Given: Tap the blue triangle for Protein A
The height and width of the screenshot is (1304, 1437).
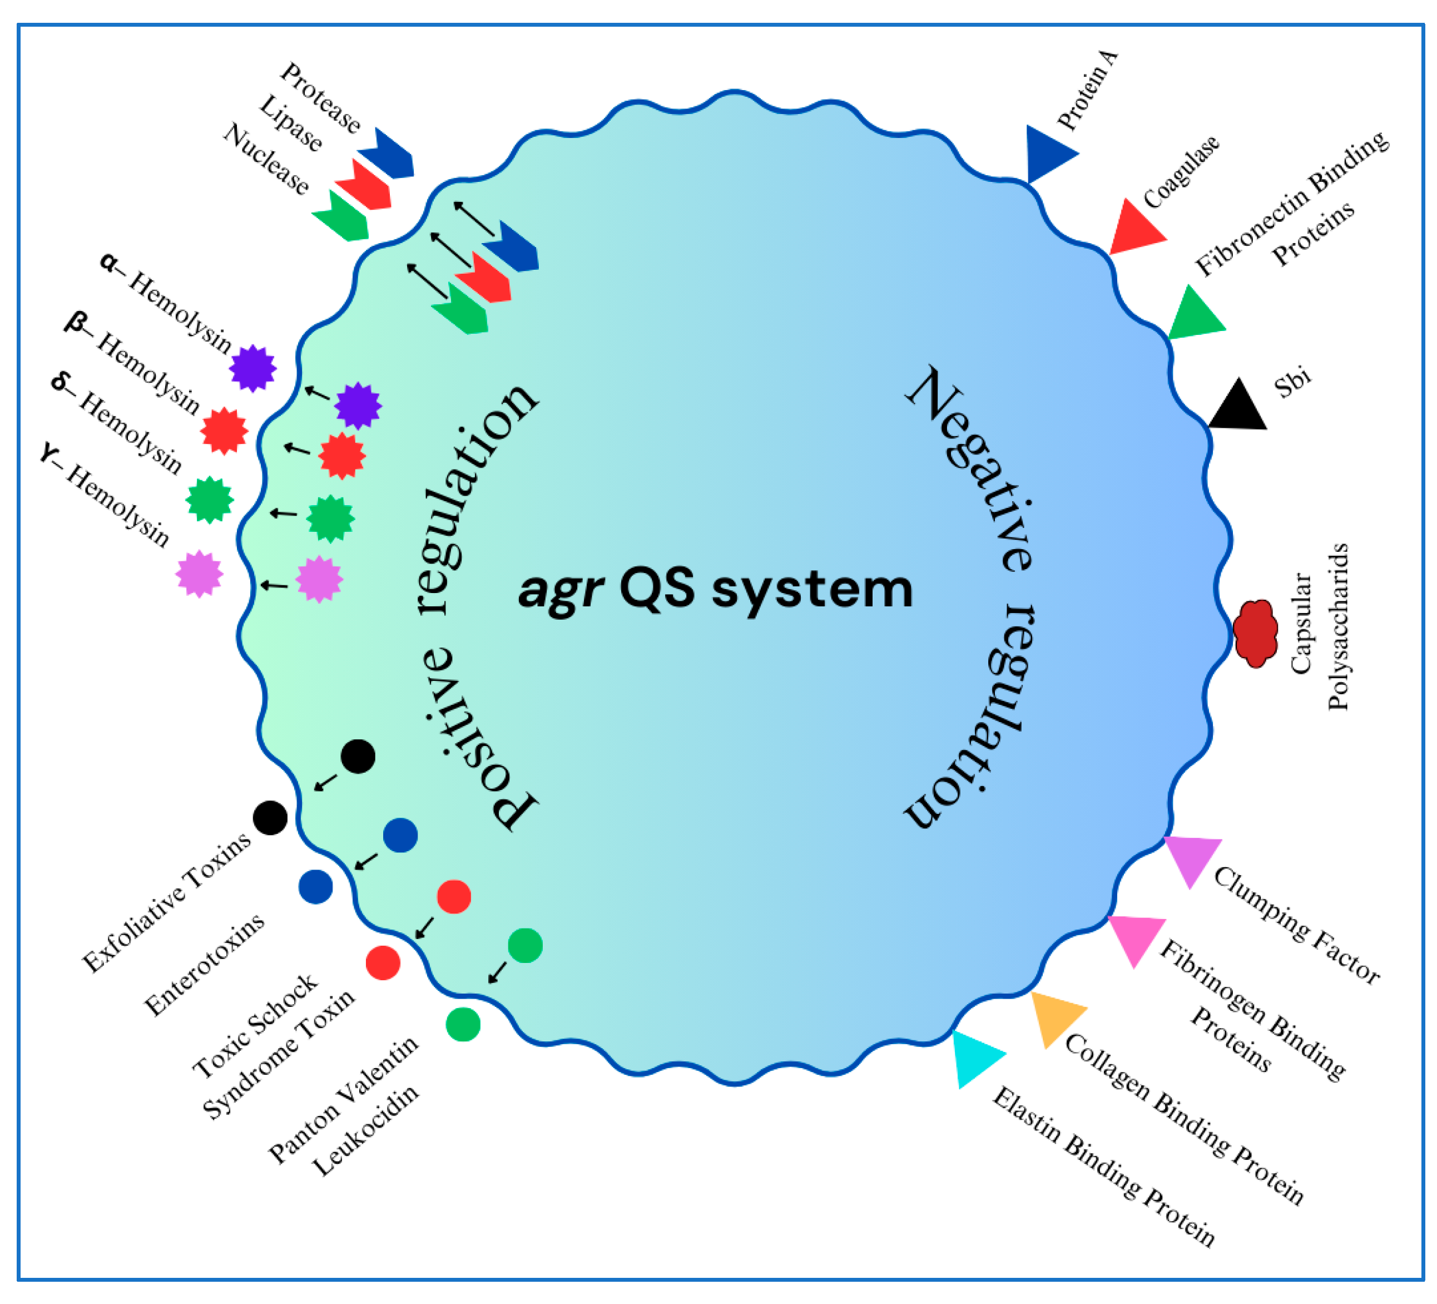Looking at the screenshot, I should (1047, 154).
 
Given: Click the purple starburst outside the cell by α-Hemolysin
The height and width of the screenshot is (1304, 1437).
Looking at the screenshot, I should (253, 369).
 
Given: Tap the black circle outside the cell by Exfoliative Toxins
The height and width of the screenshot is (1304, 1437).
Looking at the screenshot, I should (270, 818).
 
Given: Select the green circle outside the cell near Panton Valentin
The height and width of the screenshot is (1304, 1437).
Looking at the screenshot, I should (463, 1025).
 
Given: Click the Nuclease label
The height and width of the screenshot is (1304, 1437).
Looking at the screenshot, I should (266, 159).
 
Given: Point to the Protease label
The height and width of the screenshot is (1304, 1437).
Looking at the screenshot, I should (320, 98).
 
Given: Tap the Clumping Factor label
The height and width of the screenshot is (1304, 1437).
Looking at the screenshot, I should (1296, 925).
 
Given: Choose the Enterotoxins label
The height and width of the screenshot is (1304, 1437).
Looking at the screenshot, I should (205, 964).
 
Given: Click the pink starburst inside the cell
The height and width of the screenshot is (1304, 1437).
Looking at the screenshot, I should (319, 579).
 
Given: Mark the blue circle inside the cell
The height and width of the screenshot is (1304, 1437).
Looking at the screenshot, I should (400, 836).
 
